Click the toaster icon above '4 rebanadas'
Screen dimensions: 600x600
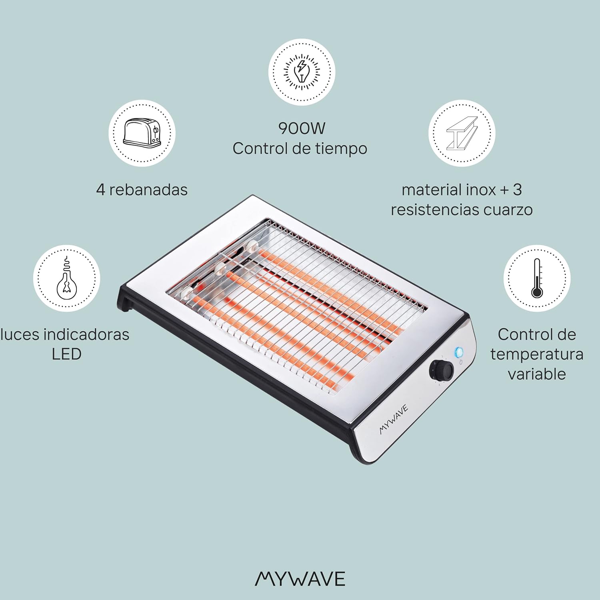pyautogui.click(x=142, y=132)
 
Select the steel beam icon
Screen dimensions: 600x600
pyautogui.click(x=462, y=133)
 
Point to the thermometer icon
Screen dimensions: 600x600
pyautogui.click(x=537, y=278)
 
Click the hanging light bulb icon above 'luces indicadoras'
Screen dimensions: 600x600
pyautogui.click(x=66, y=278)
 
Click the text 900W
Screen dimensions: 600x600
pyautogui.click(x=302, y=128)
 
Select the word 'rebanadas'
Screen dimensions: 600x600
pyautogui.click(x=148, y=189)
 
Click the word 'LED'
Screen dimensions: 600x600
pyautogui.click(x=66, y=354)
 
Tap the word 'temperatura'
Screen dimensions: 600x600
pyautogui.click(x=537, y=354)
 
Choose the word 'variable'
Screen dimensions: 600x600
pyautogui.click(x=537, y=374)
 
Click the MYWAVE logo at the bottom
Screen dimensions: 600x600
pyautogui.click(x=300, y=579)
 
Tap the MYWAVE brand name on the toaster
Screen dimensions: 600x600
pyautogui.click(x=394, y=419)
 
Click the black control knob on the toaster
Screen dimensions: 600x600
pyautogui.click(x=441, y=370)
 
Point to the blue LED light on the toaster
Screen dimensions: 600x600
pyautogui.click(x=458, y=352)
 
